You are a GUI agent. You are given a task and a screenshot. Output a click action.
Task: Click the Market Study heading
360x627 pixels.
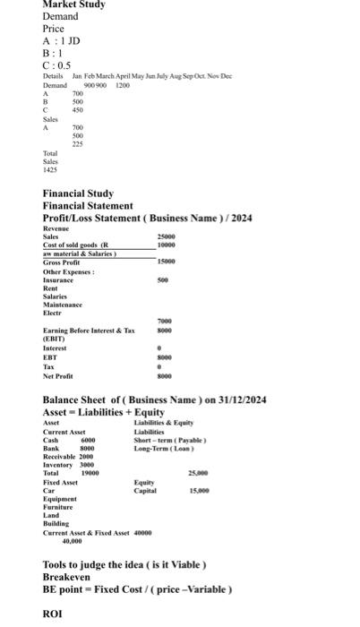[x=73, y=4]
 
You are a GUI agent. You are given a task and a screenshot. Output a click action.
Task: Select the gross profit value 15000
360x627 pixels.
[x=166, y=262]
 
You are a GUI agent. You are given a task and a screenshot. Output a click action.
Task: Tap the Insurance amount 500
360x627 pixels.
[x=162, y=280]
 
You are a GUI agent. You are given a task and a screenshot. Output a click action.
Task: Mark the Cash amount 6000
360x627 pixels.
[x=88, y=441]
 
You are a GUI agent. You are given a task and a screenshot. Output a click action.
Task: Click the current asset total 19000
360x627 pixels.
[x=90, y=473]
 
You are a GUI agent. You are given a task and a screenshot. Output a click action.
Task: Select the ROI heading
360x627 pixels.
[x=54, y=616]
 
